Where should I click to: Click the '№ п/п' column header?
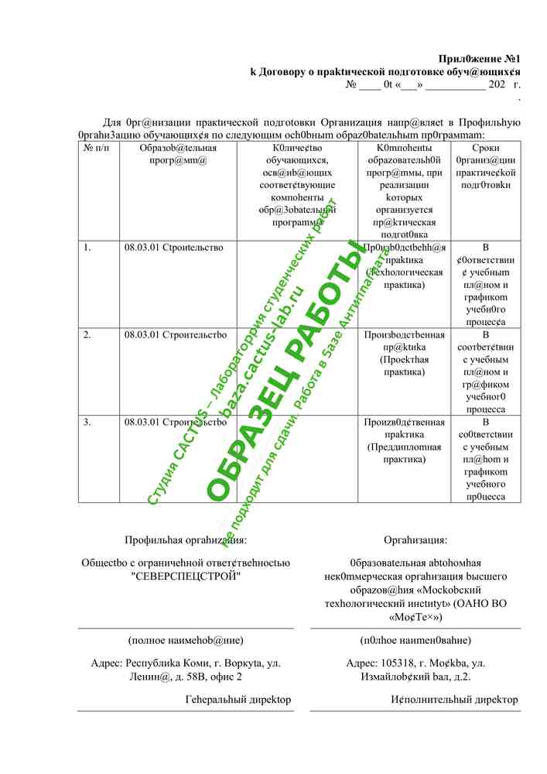(x=96, y=148)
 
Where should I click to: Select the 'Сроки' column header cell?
(x=485, y=148)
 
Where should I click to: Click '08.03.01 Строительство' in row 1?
(x=173, y=248)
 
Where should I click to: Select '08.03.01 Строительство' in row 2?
(x=175, y=335)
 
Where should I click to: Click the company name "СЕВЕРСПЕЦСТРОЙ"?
(x=186, y=577)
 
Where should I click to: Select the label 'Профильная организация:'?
(x=186, y=540)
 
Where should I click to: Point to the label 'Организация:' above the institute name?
(x=415, y=540)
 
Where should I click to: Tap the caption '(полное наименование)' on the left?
(x=186, y=640)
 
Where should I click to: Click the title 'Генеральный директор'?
(x=238, y=700)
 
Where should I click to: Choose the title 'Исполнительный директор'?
(x=455, y=700)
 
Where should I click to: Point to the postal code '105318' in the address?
(x=398, y=663)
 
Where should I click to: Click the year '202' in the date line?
(x=497, y=84)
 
